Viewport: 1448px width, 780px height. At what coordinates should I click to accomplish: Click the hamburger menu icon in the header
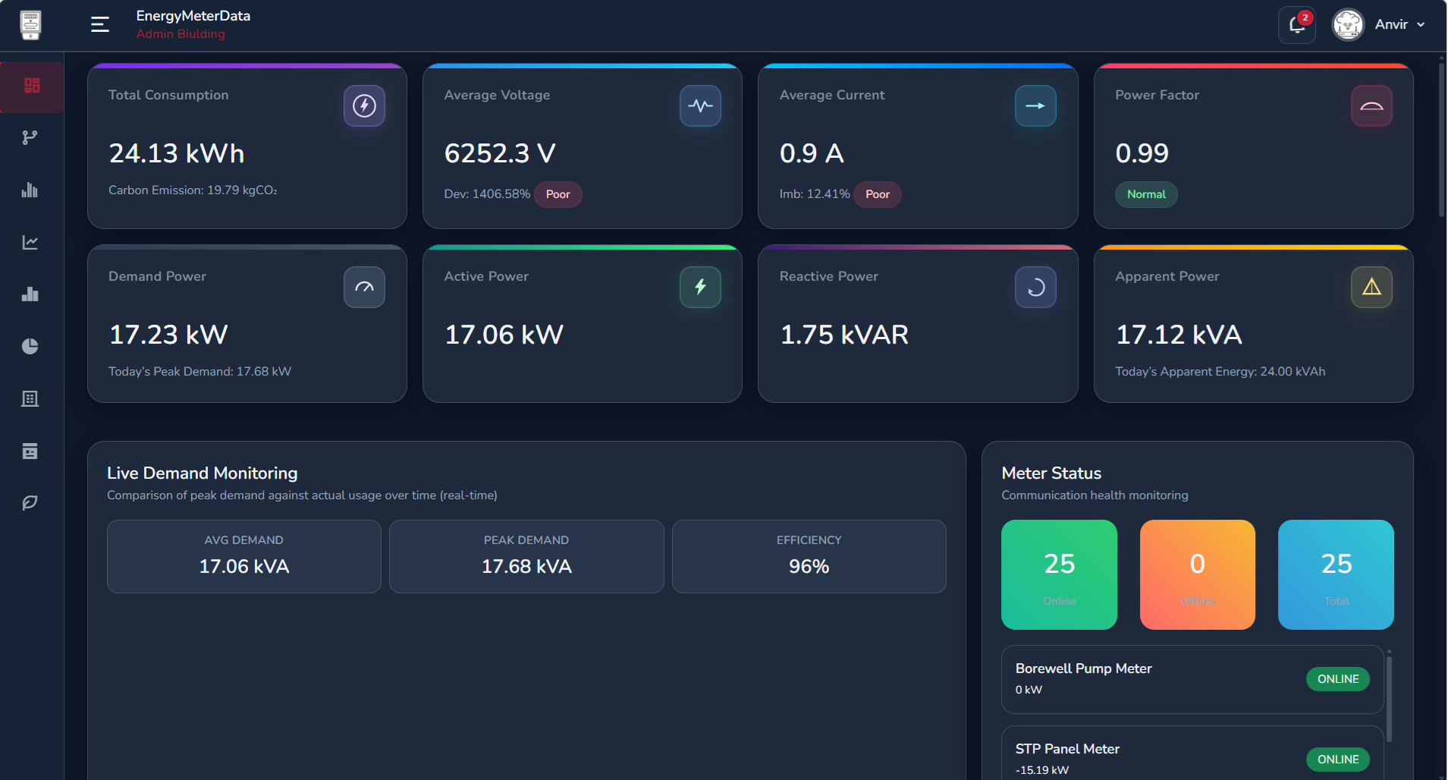tap(100, 24)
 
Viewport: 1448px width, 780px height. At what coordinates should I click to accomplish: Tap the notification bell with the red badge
tap(1296, 25)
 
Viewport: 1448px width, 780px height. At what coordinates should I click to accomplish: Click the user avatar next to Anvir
tap(1348, 25)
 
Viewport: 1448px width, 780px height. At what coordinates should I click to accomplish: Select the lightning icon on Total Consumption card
tap(364, 105)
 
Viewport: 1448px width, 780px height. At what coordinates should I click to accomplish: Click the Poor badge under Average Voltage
tap(558, 194)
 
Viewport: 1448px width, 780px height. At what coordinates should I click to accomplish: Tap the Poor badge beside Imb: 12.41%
tap(877, 194)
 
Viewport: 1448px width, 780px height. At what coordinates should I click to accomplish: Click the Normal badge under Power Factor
tap(1145, 194)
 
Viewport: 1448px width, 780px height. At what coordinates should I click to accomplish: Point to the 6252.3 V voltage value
tap(500, 153)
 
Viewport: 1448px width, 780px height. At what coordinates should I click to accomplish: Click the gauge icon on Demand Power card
tap(364, 287)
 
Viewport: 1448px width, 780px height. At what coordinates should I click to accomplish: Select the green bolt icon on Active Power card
tap(700, 287)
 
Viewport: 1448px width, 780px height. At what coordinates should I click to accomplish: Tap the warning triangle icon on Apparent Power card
tap(1371, 287)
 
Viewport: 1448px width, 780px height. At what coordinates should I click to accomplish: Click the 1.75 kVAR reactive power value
tap(844, 335)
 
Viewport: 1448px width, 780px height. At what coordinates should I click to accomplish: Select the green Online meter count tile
tap(1059, 574)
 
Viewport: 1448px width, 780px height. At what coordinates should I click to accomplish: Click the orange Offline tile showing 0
tap(1197, 574)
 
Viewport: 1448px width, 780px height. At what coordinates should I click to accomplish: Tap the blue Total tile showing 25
tap(1336, 574)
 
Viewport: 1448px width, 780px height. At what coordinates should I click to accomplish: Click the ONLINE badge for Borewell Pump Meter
tap(1337, 679)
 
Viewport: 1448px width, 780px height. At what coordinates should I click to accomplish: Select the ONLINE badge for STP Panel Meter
tap(1337, 760)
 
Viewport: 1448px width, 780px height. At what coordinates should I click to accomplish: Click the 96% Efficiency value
tap(809, 566)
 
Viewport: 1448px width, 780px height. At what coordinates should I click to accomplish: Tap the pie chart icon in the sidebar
tap(30, 346)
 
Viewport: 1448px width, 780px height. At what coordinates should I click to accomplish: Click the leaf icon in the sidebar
tap(30, 502)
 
